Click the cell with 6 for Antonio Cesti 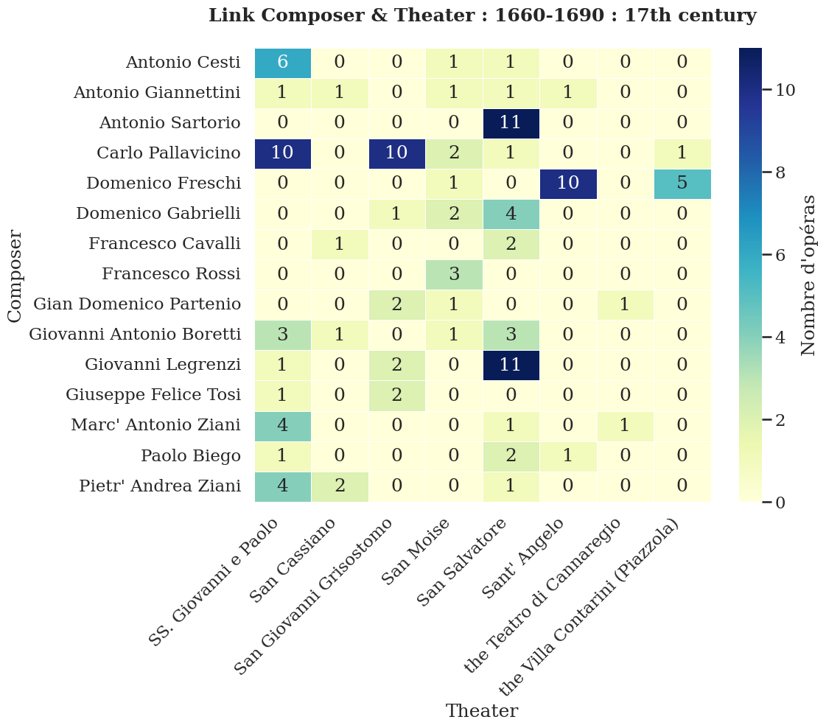[x=283, y=63]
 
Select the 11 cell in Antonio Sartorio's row [x=511, y=123]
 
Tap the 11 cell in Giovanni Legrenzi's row [x=511, y=365]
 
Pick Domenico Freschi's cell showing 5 [x=682, y=183]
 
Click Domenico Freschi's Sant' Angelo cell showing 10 [x=568, y=183]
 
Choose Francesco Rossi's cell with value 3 [x=454, y=274]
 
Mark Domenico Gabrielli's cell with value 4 [x=511, y=214]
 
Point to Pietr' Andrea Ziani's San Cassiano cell [x=340, y=486]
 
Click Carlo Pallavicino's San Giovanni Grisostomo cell [x=397, y=153]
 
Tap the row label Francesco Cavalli [x=164, y=244]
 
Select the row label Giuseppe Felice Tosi [x=153, y=395]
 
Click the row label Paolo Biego [x=191, y=456]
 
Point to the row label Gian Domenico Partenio [x=137, y=304]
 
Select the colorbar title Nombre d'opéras [x=808, y=275]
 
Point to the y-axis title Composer [x=15, y=275]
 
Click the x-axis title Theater [x=482, y=711]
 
